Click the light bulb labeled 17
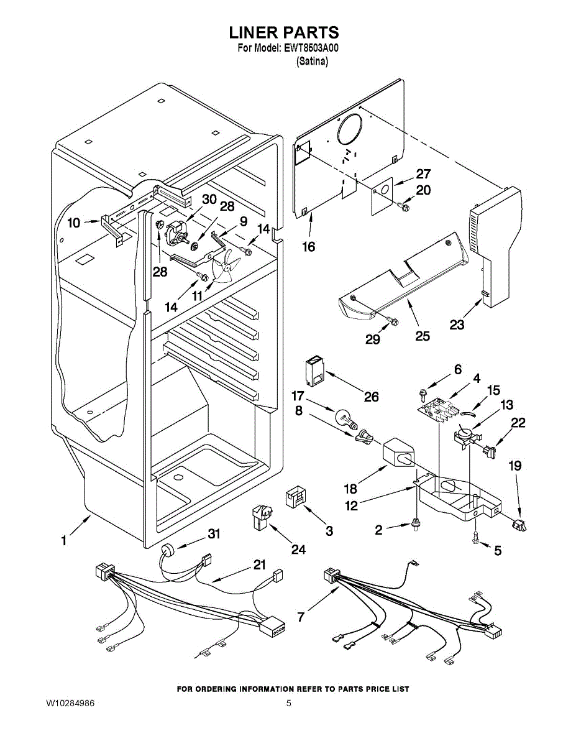coord(346,420)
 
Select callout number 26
coord(371,397)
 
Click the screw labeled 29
coord(393,321)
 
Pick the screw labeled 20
coord(404,206)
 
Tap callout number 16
coord(309,247)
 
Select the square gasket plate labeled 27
coord(382,196)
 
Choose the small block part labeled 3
coord(296,497)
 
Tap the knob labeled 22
coord(490,451)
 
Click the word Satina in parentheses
coord(313,62)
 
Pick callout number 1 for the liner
coord(64,541)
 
